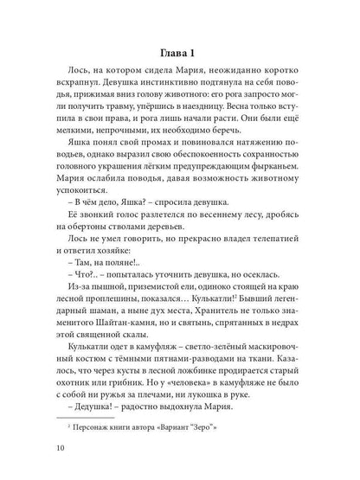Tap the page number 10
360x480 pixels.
(58, 448)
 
